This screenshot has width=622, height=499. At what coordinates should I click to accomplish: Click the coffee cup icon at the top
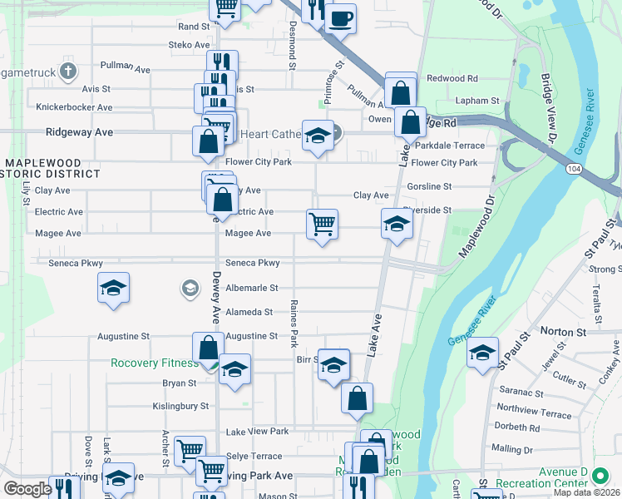(x=340, y=17)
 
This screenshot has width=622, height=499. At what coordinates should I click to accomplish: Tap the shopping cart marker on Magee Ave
(x=322, y=225)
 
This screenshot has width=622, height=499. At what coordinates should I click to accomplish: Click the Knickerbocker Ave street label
(x=74, y=107)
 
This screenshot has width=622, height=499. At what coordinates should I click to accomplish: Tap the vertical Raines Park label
(x=294, y=324)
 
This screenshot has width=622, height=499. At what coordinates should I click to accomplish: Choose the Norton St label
(x=564, y=331)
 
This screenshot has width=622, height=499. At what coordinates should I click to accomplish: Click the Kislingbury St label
(x=180, y=406)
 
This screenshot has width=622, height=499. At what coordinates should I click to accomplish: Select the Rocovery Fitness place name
(x=155, y=363)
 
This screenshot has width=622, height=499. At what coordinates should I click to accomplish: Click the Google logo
(x=27, y=489)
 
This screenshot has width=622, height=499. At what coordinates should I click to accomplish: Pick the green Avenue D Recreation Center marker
(x=600, y=477)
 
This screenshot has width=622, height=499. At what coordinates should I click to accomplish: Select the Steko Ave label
(x=190, y=44)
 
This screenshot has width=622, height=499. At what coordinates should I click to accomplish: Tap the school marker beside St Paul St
(x=482, y=353)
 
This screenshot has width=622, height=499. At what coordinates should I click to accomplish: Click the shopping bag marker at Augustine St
(x=208, y=348)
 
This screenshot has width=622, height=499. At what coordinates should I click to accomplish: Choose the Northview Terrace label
(x=534, y=413)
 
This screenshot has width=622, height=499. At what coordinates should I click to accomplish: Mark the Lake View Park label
(x=257, y=432)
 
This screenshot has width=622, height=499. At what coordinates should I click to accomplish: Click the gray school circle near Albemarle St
(x=190, y=289)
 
